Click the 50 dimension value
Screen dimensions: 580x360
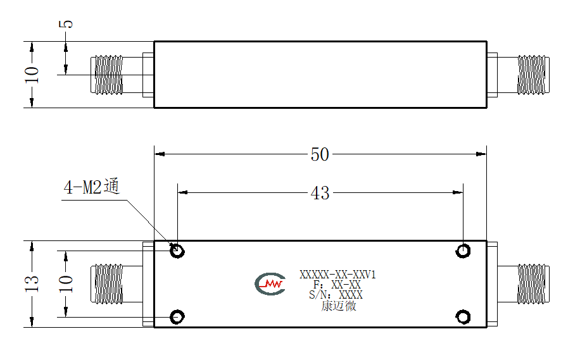pos(320,154)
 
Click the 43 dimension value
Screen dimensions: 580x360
pos(320,192)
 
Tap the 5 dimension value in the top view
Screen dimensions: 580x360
pos(66,25)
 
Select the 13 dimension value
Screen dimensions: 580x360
pos(32,284)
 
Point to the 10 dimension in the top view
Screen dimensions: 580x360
pos(32,75)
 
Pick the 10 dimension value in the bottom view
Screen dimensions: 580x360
pos(66,284)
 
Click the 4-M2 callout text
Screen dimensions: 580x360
pos(92,186)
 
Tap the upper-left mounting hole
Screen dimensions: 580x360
pos(177,251)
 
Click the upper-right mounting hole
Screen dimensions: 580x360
pos(463,251)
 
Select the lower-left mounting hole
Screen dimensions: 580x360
pos(177,317)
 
